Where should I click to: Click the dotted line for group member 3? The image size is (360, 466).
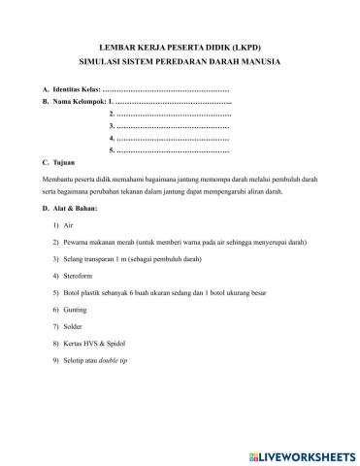[x=174, y=126]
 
